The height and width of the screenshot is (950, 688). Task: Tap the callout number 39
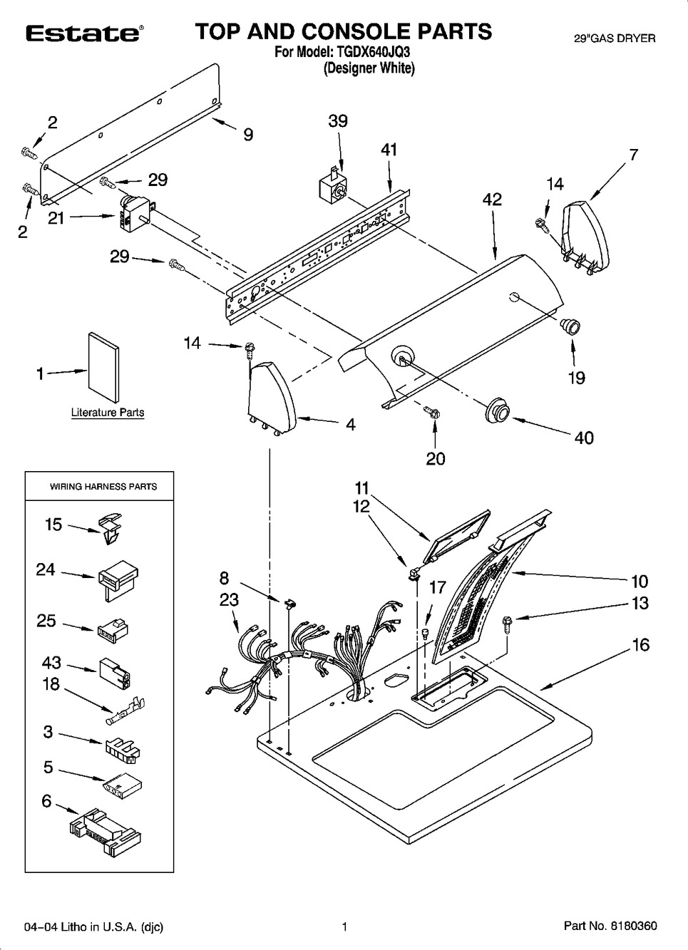point(338,121)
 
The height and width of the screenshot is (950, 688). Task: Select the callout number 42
point(492,200)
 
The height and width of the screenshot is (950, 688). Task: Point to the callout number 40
point(584,438)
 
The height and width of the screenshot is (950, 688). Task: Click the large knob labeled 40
point(496,413)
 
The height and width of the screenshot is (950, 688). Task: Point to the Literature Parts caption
point(108,413)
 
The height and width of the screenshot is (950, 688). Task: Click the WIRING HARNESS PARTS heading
point(103,487)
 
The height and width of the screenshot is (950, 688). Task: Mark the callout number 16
point(640,645)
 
